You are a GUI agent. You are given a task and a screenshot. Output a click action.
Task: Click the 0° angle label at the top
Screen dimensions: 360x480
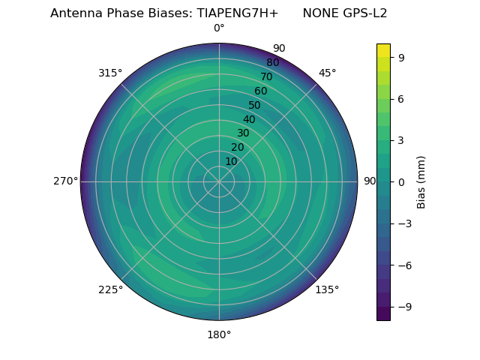coord(219,28)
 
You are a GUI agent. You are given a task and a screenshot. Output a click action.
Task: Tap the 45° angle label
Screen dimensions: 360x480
coord(328,73)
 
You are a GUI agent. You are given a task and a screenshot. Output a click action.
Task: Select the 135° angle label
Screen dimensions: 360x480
coord(327,289)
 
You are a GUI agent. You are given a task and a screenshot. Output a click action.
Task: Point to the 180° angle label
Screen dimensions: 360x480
coord(219,334)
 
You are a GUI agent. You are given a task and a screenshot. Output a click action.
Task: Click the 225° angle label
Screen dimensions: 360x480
coord(110,289)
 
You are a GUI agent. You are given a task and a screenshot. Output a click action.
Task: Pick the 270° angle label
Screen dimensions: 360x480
coord(65,181)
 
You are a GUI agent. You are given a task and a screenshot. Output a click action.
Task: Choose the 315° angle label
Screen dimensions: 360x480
coord(110,73)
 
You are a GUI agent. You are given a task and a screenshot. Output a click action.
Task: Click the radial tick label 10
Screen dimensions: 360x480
coord(231,161)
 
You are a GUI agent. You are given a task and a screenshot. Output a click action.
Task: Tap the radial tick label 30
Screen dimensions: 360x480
coord(243,133)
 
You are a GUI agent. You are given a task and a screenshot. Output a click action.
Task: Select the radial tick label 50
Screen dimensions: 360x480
coord(254,105)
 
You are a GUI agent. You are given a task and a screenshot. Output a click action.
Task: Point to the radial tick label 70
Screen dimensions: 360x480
coord(266,76)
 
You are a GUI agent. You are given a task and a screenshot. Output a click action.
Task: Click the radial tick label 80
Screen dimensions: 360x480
coord(272,62)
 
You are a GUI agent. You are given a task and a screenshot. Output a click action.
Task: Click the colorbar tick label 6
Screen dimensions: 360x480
coord(401,99)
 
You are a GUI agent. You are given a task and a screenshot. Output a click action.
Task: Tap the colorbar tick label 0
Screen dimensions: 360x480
coord(401,182)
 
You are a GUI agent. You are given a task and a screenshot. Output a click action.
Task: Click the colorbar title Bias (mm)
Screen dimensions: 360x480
coord(421,182)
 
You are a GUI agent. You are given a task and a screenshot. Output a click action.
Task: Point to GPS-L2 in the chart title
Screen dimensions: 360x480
coord(366,13)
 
